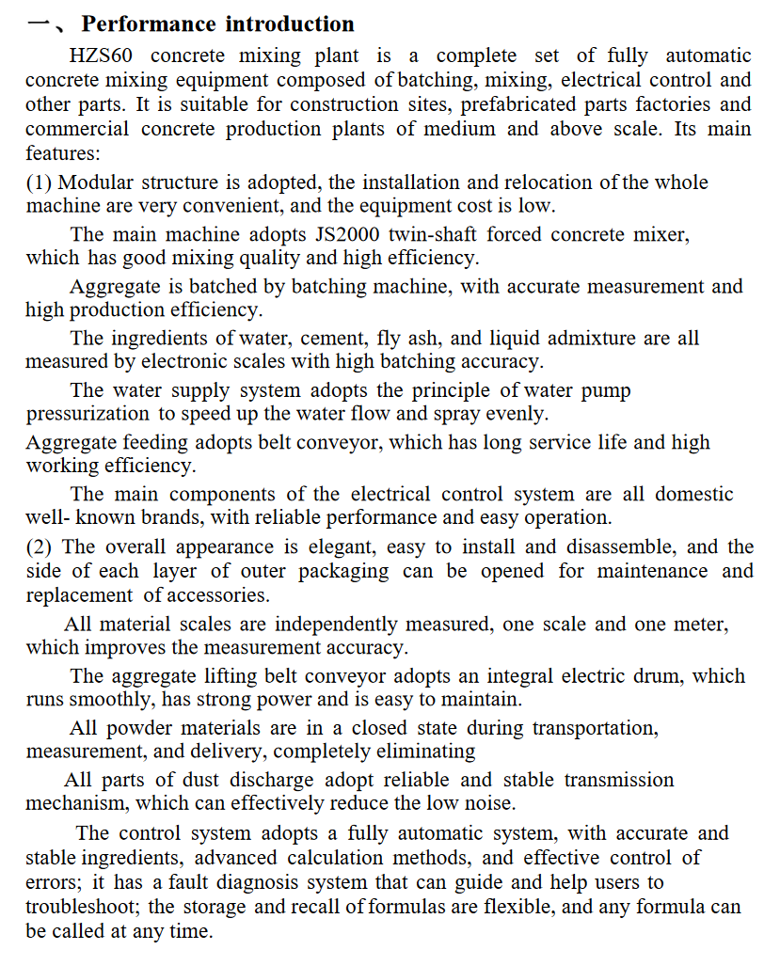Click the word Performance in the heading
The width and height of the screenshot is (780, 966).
point(143,24)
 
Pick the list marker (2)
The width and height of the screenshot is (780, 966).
point(40,546)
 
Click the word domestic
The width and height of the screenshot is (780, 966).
point(693,494)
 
